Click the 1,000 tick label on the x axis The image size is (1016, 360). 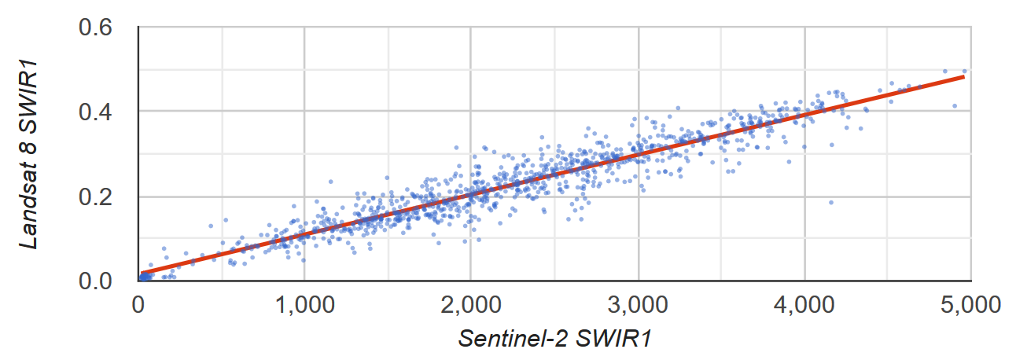point(304,304)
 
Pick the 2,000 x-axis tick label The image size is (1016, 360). point(470,304)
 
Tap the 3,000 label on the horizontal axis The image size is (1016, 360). point(638,304)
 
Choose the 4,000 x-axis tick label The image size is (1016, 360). point(804,304)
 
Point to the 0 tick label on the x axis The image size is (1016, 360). point(138,304)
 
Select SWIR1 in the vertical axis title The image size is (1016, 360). point(30,101)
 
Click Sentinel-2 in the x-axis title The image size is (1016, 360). point(513,339)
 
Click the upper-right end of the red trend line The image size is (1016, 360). point(963,77)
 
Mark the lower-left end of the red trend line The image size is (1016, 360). point(142,274)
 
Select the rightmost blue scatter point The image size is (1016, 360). point(965,71)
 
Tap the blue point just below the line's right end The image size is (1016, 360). point(955,105)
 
